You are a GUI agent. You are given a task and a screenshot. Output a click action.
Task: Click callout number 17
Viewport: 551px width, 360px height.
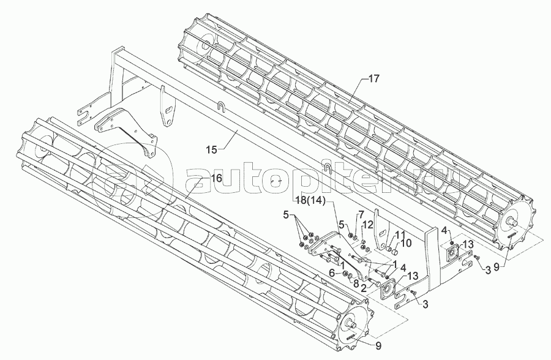pyautogui.click(x=374, y=78)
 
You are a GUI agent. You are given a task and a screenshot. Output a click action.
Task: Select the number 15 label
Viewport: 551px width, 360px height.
pyautogui.click(x=212, y=150)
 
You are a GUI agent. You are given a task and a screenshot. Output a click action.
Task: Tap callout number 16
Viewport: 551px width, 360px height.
pyautogui.click(x=217, y=178)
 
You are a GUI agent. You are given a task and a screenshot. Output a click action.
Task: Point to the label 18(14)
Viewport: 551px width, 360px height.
pyautogui.click(x=311, y=201)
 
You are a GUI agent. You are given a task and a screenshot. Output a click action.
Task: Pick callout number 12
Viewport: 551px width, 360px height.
pyautogui.click(x=367, y=224)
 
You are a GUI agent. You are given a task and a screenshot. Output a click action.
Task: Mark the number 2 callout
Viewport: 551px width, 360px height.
pyautogui.click(x=364, y=288)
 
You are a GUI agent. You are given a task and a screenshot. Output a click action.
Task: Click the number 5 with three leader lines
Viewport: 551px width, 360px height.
pyautogui.click(x=287, y=214)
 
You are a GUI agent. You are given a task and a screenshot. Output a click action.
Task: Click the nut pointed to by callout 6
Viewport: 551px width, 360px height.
pyautogui.click(x=345, y=274)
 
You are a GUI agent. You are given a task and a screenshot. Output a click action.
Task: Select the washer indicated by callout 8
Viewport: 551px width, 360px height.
pyautogui.click(x=350, y=276)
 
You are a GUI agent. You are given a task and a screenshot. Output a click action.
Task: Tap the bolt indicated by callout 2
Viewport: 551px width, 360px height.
pyautogui.click(x=375, y=282)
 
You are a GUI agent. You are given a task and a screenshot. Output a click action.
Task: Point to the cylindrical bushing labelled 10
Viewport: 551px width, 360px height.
pyautogui.click(x=395, y=252)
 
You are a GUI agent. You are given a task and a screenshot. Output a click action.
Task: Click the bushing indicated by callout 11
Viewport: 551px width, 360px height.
pyautogui.click(x=389, y=249)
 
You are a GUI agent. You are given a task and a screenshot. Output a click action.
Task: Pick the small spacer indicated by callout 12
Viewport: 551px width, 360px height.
pyautogui.click(x=363, y=241)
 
